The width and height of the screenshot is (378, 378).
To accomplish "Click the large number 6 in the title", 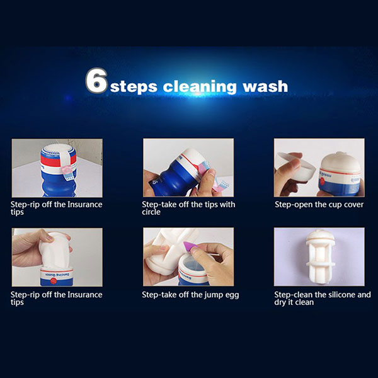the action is point(96,80).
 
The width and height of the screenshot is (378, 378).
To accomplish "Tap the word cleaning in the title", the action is point(200,86).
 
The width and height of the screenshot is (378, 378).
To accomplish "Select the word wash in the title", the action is point(265,86).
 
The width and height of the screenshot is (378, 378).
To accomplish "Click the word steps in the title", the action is point(134,87).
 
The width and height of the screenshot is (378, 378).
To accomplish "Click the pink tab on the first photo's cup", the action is point(66,169).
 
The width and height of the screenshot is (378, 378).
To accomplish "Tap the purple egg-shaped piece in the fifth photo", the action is point(189,247).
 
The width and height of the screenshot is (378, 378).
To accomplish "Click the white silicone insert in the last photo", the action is point(320,257).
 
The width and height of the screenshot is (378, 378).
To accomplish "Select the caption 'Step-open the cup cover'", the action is point(319,204).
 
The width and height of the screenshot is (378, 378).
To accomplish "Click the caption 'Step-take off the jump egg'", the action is point(190,295).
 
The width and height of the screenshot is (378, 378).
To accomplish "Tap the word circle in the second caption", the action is point(151,212).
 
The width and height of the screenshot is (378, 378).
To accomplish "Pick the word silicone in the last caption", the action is point(338,295).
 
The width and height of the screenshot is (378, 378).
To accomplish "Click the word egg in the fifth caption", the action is point(232,295).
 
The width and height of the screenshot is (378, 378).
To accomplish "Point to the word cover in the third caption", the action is point(353,205).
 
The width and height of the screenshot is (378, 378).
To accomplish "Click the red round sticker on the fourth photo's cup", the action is point(54,280).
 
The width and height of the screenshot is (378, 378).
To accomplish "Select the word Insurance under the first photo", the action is point(85,204).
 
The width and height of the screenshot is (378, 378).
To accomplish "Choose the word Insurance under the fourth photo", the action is point(85,295).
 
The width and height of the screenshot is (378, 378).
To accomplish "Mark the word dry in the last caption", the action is point(280,302).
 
